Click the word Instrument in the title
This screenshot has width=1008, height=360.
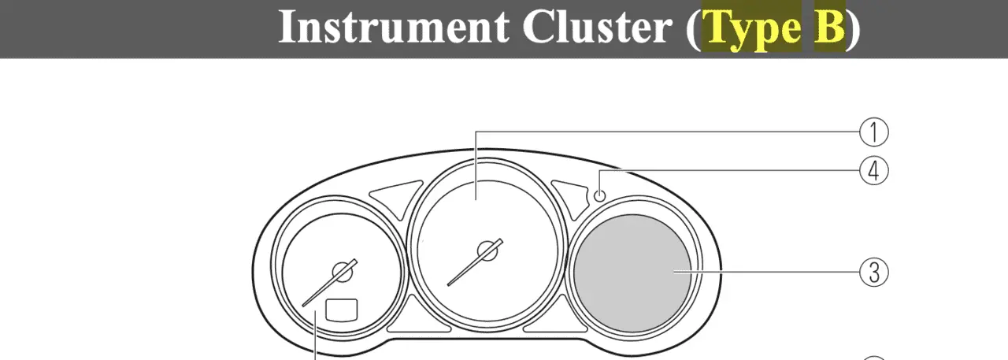coord(395,26)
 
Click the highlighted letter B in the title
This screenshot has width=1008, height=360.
coord(830,26)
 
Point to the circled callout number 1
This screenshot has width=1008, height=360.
coord(874,132)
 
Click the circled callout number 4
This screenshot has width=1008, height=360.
coord(874,171)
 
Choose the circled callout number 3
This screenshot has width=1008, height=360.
coord(874,272)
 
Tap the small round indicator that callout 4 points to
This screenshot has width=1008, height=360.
coord(599,196)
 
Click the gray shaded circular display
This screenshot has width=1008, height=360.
coord(632,273)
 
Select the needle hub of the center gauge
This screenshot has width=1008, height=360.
coord(487,251)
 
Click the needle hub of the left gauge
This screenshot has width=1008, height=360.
coord(342,272)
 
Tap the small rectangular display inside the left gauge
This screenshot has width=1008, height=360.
coord(342,310)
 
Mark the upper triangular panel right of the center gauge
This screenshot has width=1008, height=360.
coord(571,197)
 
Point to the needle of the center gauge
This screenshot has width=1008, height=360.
coord(475,262)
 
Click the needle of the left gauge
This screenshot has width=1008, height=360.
coord(329,283)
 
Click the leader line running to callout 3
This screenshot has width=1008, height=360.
coord(766,272)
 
